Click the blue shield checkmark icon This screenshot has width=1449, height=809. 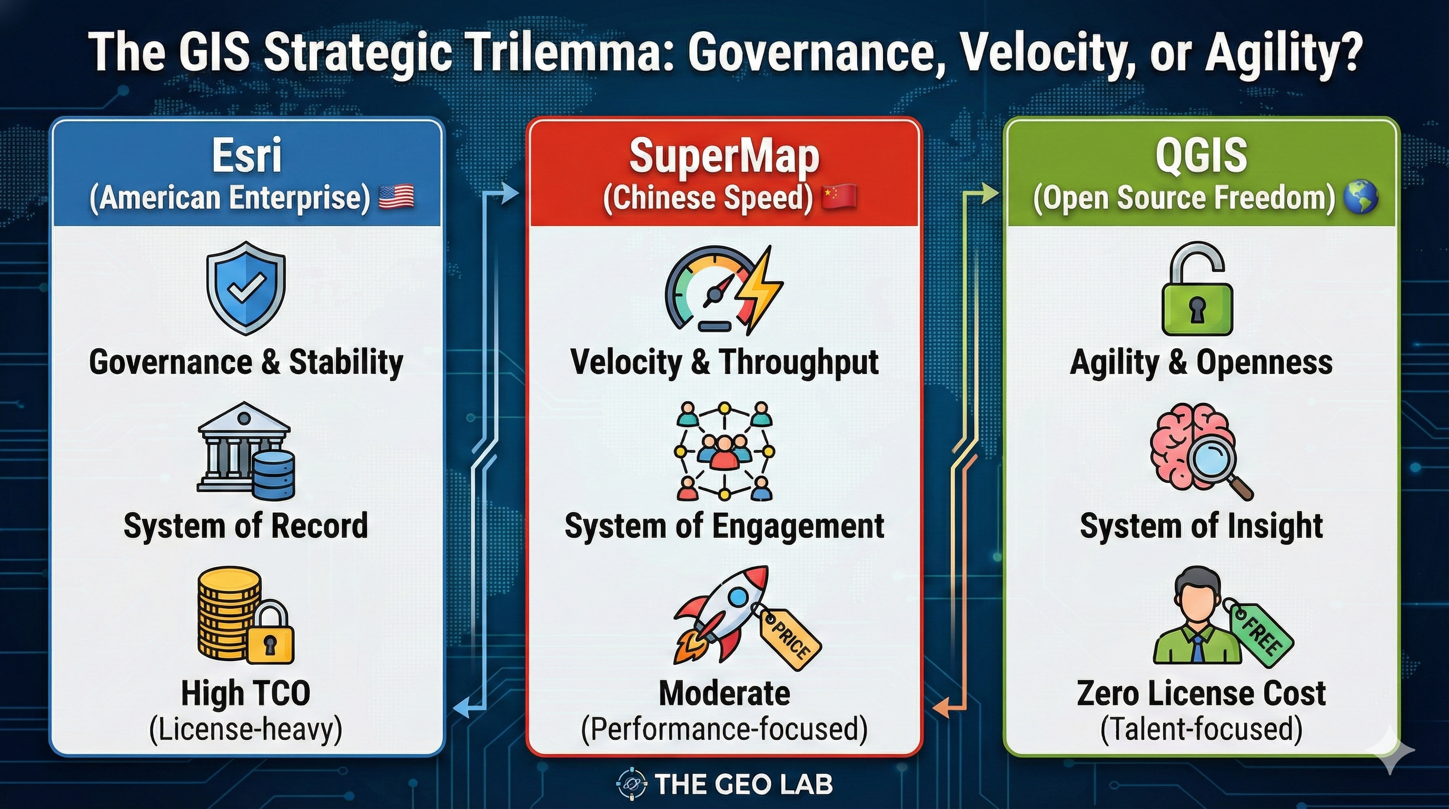(246, 289)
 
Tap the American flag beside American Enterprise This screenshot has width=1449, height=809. (396, 198)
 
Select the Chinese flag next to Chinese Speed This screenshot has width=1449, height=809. (839, 198)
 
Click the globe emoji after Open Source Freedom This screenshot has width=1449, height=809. (1360, 198)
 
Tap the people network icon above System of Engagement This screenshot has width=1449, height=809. (724, 451)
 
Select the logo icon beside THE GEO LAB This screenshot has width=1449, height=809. (632, 784)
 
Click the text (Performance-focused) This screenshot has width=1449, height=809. (724, 728)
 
